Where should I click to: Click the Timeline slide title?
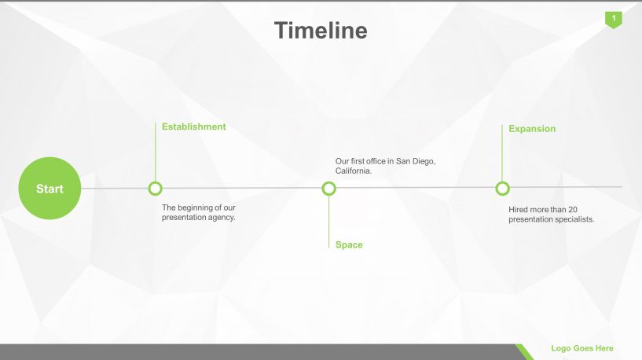click(321, 31)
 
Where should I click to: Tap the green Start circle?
click(50, 189)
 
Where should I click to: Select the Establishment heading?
click(193, 127)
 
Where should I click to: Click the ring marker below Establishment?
click(155, 189)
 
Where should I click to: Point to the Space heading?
click(349, 245)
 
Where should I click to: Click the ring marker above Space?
click(328, 189)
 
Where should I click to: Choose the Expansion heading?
click(532, 129)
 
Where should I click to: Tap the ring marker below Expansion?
click(502, 189)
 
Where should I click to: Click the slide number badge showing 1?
click(614, 20)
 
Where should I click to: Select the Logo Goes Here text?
click(581, 348)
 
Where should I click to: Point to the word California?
click(352, 171)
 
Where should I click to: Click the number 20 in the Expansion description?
click(572, 210)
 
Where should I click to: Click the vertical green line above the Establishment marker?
click(155, 152)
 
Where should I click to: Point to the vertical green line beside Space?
click(328, 222)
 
